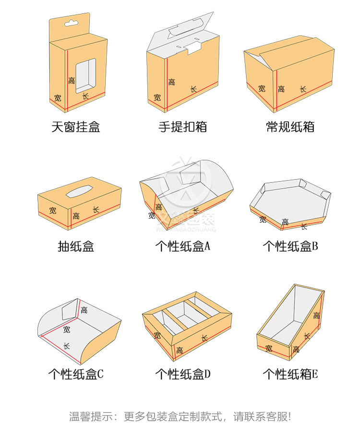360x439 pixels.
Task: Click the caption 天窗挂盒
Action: pos(76,127)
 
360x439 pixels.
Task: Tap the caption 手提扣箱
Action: pos(183,127)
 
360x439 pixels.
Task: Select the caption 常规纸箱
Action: pos(290,127)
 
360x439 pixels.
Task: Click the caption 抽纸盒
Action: pos(76,247)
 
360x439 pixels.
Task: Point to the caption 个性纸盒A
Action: pos(183,247)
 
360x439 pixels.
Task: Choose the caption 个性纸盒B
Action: pos(290,247)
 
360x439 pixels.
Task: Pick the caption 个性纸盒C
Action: pos(76,374)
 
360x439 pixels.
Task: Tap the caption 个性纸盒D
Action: pos(183,374)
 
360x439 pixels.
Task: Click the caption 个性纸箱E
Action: pos(290,374)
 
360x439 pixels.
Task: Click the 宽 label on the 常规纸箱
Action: pos(262,88)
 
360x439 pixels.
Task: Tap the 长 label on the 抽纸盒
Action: pos(96,210)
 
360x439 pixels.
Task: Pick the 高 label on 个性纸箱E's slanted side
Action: pos(316,316)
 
